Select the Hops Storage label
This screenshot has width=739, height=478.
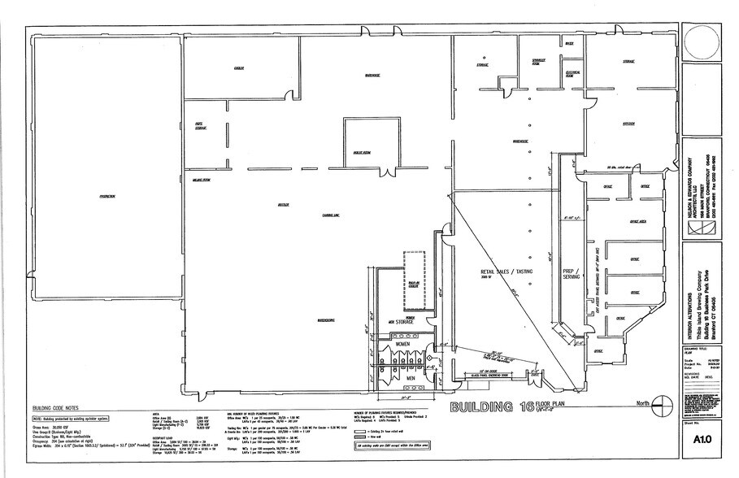199,126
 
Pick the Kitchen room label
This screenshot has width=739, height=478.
628,124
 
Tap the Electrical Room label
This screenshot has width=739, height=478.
572,73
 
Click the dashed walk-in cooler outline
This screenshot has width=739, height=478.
414,278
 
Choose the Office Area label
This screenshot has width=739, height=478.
637,221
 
